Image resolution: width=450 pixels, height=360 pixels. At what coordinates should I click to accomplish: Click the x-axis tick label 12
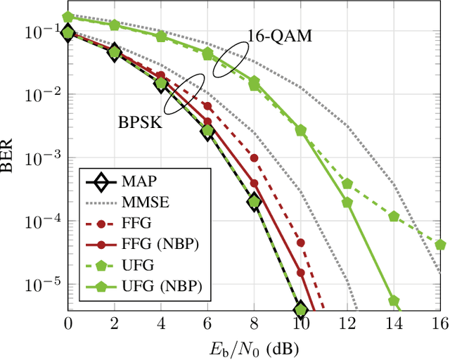(x=347, y=324)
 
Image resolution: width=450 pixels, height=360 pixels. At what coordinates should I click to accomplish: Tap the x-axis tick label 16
(x=440, y=324)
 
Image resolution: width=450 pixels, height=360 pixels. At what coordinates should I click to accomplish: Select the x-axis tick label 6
(x=207, y=324)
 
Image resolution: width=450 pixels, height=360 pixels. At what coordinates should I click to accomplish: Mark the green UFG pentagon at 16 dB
(x=440, y=245)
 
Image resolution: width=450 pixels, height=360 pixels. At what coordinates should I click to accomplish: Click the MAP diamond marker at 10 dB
(x=301, y=309)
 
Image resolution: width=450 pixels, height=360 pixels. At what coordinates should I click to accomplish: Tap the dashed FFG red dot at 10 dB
(x=301, y=243)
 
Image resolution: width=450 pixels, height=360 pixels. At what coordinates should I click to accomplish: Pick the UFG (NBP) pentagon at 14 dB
(x=394, y=301)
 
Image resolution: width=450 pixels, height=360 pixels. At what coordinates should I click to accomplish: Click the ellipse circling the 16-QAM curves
(x=231, y=58)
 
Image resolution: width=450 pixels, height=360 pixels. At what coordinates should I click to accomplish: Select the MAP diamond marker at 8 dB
(x=254, y=202)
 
